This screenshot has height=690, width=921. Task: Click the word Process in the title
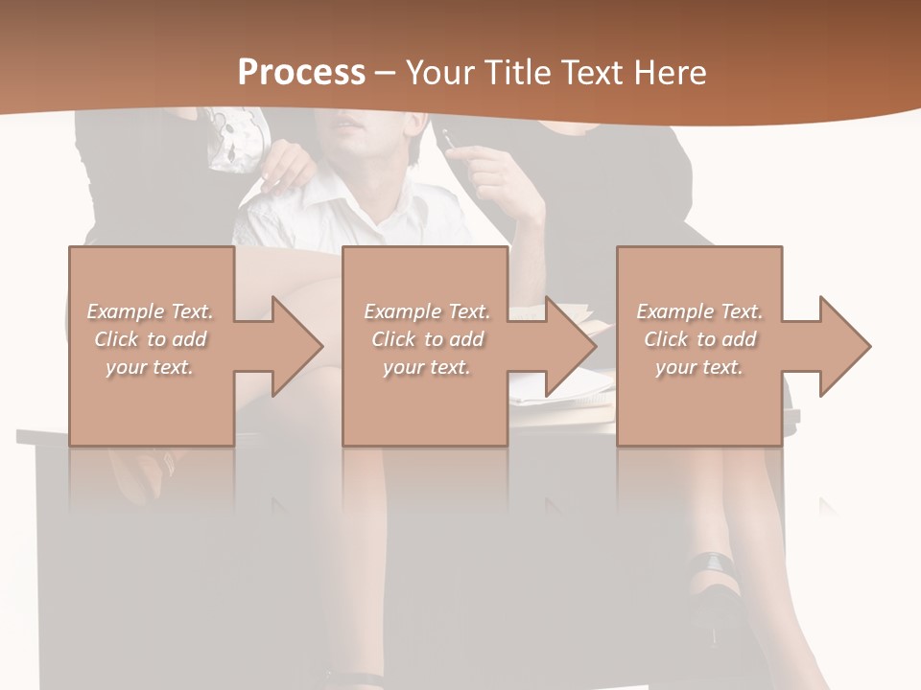click(x=301, y=73)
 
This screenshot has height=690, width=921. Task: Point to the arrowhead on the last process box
click(x=843, y=346)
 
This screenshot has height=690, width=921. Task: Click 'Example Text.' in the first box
click(x=150, y=311)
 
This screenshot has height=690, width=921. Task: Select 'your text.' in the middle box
click(x=426, y=367)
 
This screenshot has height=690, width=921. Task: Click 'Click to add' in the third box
click(x=700, y=339)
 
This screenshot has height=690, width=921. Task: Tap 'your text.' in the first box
click(x=150, y=367)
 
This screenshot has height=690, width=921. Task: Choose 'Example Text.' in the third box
click(x=699, y=311)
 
